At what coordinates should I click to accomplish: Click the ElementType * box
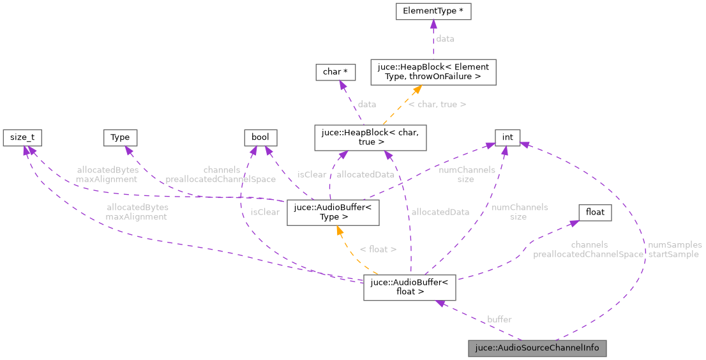click(x=433, y=11)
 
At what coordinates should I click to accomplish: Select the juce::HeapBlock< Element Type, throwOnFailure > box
click(x=433, y=71)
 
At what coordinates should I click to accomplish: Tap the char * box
click(x=335, y=71)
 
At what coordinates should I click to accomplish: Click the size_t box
click(x=19, y=137)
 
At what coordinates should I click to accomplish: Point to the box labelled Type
click(x=120, y=137)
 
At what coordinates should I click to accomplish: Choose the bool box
click(x=260, y=137)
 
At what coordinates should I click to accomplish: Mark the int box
click(x=507, y=137)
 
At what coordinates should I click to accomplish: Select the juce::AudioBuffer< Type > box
click(x=333, y=212)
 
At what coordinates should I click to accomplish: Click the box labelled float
click(x=595, y=212)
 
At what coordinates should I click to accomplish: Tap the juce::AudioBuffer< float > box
click(x=409, y=287)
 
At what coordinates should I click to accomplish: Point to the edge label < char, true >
click(x=437, y=103)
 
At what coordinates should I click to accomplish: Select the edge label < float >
click(x=378, y=250)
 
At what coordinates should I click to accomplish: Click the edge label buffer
click(x=499, y=319)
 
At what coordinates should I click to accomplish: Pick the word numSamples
click(x=674, y=244)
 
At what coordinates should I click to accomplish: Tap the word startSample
click(x=673, y=254)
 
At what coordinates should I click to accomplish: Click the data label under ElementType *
click(x=445, y=39)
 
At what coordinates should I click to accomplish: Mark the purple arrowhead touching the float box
click(x=574, y=222)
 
